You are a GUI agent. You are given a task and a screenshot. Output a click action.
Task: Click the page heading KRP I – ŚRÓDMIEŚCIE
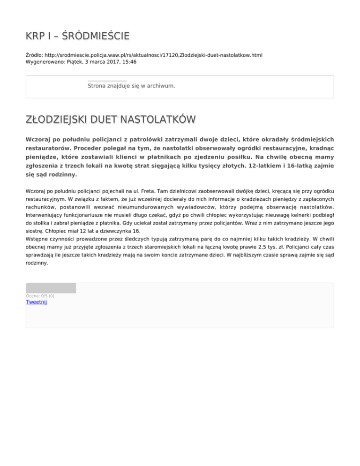point(77,36)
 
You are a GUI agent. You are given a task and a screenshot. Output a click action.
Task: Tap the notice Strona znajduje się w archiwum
point(131,86)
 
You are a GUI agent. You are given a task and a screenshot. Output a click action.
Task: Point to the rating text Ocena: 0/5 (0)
point(40,296)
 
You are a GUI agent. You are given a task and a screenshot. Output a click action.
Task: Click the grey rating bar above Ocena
point(51,288)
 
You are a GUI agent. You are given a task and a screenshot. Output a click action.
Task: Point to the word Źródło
point(34,55)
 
